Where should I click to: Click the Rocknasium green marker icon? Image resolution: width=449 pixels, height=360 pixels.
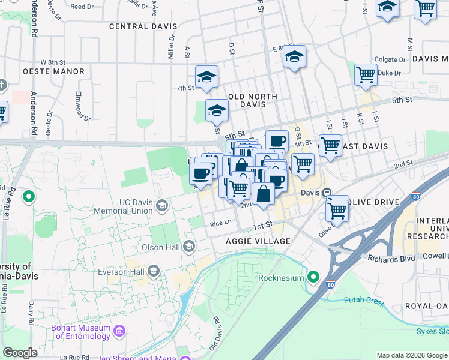(x=313, y=277)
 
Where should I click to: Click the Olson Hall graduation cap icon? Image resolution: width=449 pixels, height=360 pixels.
(x=189, y=247)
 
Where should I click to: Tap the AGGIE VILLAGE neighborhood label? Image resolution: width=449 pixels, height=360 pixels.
(x=258, y=241)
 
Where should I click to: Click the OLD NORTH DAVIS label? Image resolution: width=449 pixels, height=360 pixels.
(x=252, y=100)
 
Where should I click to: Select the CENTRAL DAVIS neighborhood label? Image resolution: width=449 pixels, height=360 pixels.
(x=143, y=26)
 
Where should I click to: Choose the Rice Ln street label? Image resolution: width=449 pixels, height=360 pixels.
(x=221, y=223)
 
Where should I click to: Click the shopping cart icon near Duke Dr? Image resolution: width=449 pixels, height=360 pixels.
(x=366, y=75)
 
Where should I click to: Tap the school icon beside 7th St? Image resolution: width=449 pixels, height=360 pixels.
(x=206, y=77)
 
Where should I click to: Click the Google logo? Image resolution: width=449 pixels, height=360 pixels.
(x=20, y=353)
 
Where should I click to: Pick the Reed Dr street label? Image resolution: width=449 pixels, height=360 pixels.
(x=82, y=7)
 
